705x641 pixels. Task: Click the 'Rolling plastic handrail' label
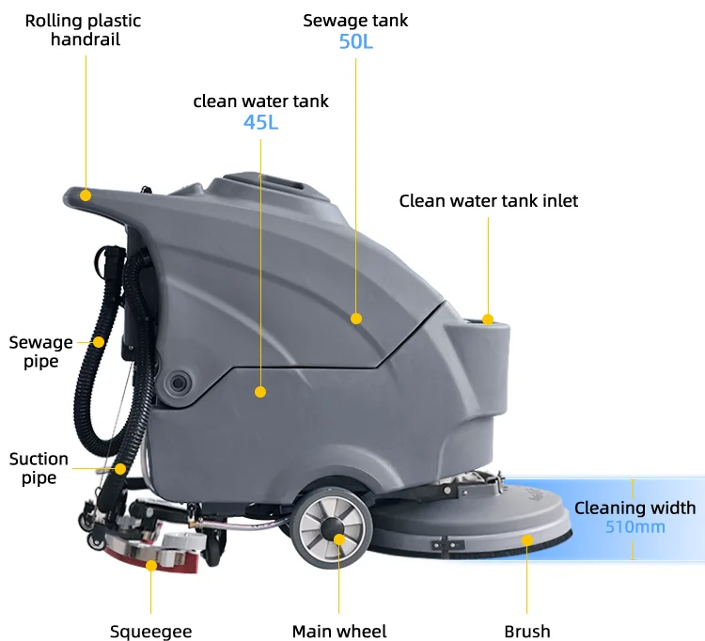pos(83,30)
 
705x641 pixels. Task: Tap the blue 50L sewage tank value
pos(355,41)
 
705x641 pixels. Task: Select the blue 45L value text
pos(261,122)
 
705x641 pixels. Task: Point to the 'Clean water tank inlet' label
pos(488,200)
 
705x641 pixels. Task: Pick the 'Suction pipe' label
pos(39,468)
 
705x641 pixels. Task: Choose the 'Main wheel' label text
pos(339,631)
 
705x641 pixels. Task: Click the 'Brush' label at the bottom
pos(526,631)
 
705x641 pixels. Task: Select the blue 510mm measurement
pos(634,527)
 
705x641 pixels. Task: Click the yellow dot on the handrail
pos(86,195)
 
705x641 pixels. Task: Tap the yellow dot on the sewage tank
pos(356,319)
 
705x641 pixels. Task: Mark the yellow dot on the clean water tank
pos(260,391)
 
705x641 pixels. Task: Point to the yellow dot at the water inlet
pos(488,320)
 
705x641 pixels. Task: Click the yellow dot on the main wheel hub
pos(339,539)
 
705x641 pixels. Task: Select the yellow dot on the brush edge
pos(527,539)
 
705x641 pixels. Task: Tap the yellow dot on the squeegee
pos(151,566)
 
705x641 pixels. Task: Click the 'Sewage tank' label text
pos(355,21)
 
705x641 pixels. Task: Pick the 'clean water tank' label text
pos(261,101)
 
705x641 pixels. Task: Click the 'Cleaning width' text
pos(635,508)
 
